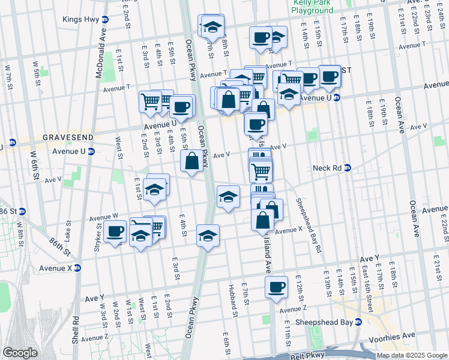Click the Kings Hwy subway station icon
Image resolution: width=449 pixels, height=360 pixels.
click(x=105, y=19)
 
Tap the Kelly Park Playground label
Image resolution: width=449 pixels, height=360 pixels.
click(x=312, y=7)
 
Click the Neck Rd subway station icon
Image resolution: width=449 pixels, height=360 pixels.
click(x=347, y=168)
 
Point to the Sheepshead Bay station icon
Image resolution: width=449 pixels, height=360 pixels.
click(x=358, y=321)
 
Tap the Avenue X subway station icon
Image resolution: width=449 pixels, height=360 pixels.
click(x=77, y=268)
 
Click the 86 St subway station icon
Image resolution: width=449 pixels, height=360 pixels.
click(x=22, y=211)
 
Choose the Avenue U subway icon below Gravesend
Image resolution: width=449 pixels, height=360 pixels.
click(x=91, y=151)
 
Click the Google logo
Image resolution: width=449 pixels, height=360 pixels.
click(x=20, y=352)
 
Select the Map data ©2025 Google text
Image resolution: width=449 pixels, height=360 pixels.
click(x=411, y=355)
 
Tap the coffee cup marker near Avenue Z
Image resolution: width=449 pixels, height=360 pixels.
click(x=276, y=288)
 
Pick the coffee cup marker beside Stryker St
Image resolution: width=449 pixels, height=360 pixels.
click(x=114, y=231)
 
